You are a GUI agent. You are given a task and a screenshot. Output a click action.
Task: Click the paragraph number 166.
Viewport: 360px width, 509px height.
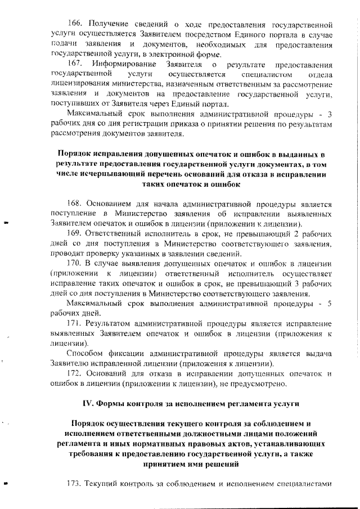click(x=75, y=25)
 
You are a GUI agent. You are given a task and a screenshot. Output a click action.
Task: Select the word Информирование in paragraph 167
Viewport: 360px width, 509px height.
click(x=121, y=65)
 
